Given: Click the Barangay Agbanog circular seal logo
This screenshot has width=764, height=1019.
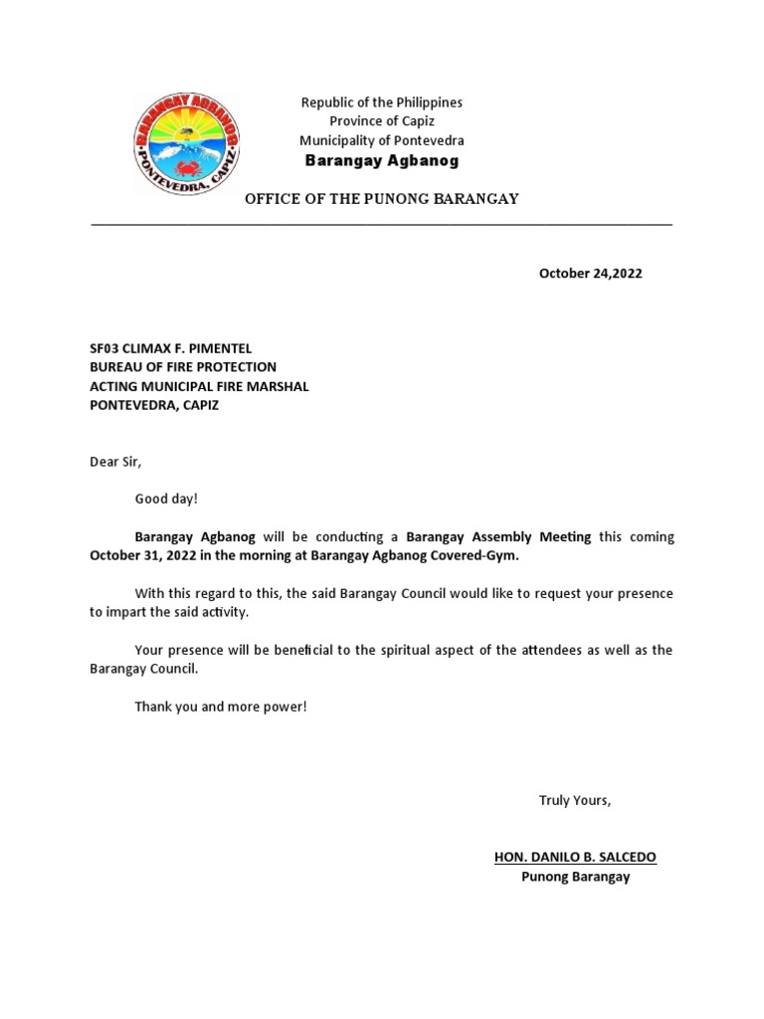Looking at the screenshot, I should click(x=186, y=143).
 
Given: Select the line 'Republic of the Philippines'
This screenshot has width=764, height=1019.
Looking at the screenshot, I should click(x=382, y=102).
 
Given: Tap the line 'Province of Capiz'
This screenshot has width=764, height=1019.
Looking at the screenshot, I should click(x=382, y=121).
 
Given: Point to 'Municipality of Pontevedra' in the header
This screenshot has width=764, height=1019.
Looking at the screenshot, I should click(x=382, y=140).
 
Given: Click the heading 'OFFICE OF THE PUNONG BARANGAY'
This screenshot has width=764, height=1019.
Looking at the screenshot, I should click(x=382, y=199).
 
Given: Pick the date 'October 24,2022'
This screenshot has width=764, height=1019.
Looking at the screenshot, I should click(x=590, y=274).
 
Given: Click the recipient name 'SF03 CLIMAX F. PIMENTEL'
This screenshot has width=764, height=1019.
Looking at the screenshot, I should click(x=171, y=348).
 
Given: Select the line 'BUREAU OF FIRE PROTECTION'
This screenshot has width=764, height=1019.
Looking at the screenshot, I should click(x=183, y=367).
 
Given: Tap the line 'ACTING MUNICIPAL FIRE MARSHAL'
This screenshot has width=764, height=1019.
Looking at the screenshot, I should click(x=199, y=386).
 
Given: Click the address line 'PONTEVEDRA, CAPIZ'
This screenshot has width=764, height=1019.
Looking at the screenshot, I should click(x=154, y=405).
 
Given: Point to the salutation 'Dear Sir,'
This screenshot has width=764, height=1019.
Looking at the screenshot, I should click(x=115, y=462).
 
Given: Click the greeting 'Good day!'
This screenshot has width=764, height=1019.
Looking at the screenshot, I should click(x=166, y=500).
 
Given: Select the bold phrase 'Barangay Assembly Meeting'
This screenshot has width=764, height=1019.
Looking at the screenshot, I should click(x=498, y=537).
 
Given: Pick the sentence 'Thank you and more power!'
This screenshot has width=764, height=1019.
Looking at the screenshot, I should click(x=222, y=707).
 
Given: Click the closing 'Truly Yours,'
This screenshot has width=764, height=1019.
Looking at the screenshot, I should click(x=575, y=800).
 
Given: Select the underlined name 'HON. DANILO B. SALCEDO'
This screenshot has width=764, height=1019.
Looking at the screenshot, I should click(x=575, y=858).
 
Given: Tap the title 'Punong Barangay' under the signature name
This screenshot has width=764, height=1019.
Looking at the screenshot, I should click(x=575, y=877).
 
